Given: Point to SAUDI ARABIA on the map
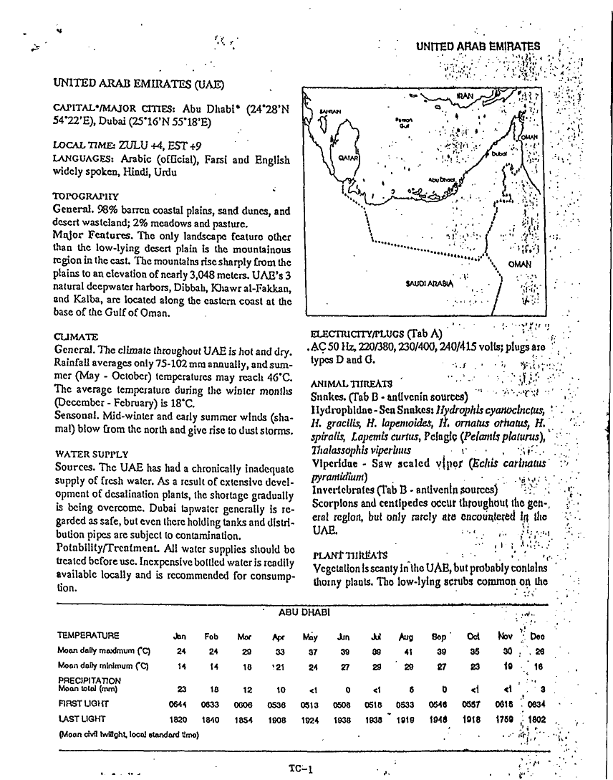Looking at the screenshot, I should point(423,282).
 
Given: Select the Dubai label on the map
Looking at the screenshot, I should point(499,153).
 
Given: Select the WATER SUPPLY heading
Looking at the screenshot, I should point(92,454).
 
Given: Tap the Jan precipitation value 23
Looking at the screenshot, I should point(181,689).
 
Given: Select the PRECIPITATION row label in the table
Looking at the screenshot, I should point(90,680).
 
